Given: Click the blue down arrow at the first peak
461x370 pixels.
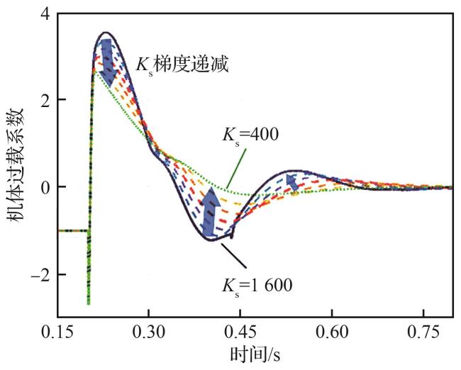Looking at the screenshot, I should pyautogui.click(x=106, y=61).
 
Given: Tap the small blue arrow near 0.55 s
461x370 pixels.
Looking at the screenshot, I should pyautogui.click(x=291, y=183).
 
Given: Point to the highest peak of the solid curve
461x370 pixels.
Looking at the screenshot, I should pyautogui.click(x=106, y=32).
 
